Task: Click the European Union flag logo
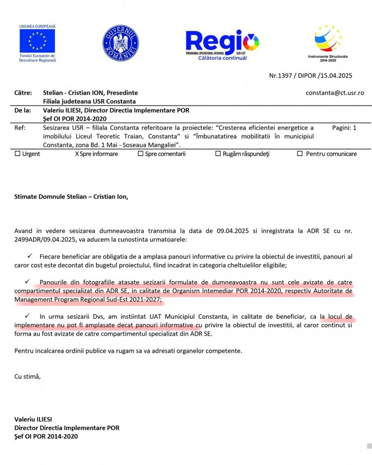(x=38, y=41)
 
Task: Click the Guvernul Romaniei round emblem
(x=120, y=43)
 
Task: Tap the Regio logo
(x=222, y=42)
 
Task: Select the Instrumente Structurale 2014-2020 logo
(x=328, y=40)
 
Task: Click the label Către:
(x=23, y=93)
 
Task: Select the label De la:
(x=22, y=110)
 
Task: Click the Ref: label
(x=20, y=127)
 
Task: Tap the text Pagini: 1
(x=344, y=127)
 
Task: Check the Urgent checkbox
(x=17, y=154)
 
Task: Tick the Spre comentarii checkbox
(x=140, y=154)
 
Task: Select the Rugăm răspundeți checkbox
(x=218, y=154)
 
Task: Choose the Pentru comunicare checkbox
(x=300, y=154)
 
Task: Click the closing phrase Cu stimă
(x=27, y=376)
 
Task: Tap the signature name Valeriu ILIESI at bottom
(x=33, y=419)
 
